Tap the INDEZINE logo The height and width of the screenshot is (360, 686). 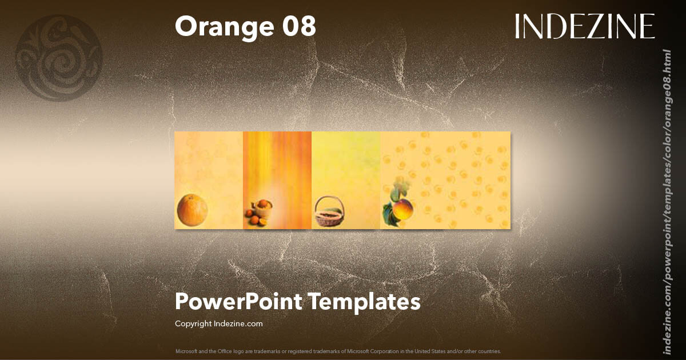[x=584, y=26]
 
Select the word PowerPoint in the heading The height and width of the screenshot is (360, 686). [x=238, y=301]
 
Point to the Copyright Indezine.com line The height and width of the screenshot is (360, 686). [x=218, y=323]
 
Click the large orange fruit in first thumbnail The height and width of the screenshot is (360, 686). [x=192, y=210]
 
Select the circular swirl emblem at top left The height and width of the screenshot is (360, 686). [x=59, y=58]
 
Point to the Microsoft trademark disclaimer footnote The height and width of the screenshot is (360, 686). [x=338, y=351]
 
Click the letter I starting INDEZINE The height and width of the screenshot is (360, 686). [x=517, y=26]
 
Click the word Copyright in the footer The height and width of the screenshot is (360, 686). [x=193, y=323]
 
